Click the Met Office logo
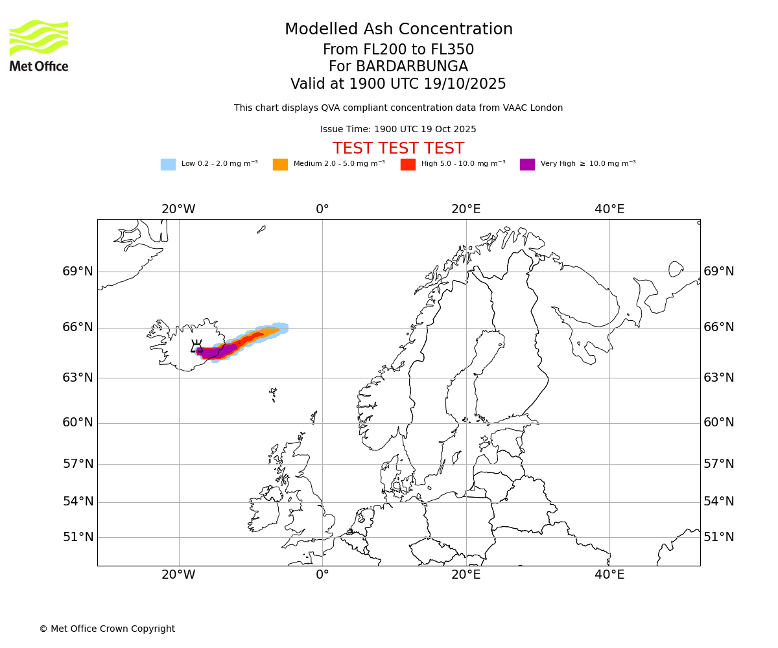[39, 45]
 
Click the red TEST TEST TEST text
[398, 148]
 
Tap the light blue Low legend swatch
[168, 164]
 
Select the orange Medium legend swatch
[280, 164]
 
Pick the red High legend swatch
[408, 164]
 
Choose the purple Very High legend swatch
[527, 164]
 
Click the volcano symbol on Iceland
[196, 346]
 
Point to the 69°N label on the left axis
[78, 272]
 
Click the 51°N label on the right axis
[719, 537]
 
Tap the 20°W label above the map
[178, 209]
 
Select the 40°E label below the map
[609, 574]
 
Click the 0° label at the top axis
[322, 209]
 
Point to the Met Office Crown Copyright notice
[107, 629]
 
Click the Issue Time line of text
[398, 130]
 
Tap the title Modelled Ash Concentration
[398, 29]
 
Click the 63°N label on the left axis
[78, 378]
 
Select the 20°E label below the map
[466, 574]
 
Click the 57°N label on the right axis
[719, 464]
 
